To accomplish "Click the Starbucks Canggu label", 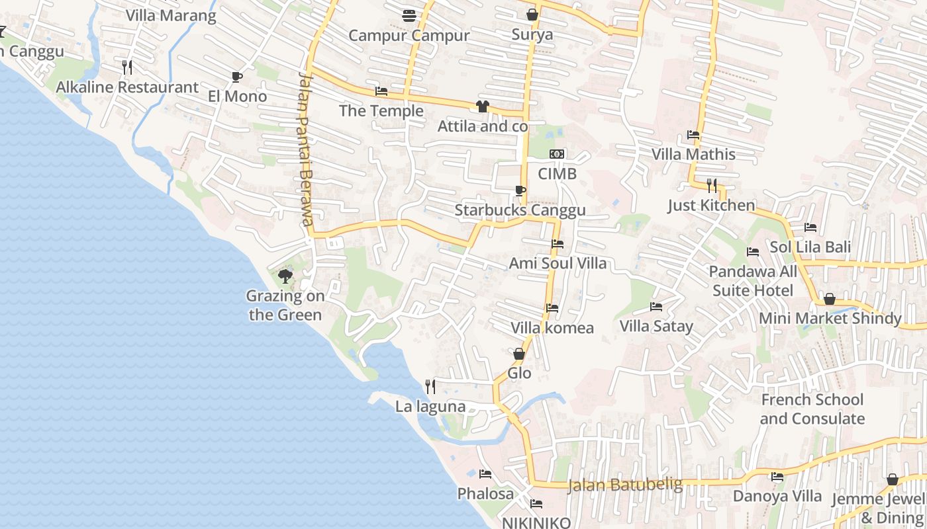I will pyautogui.click(x=520, y=210).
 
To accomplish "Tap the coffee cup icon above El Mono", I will pyautogui.click(x=236, y=77).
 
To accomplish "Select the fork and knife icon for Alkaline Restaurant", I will pyautogui.click(x=127, y=67).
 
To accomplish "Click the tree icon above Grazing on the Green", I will pyautogui.click(x=285, y=276).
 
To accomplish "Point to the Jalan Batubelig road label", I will pyautogui.click(x=625, y=485).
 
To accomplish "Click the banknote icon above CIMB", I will pyautogui.click(x=557, y=154).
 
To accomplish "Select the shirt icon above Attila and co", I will pyautogui.click(x=482, y=106).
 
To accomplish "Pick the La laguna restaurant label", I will pyautogui.click(x=430, y=407).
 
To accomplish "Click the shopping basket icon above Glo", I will pyautogui.click(x=519, y=354).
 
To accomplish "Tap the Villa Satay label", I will pyautogui.click(x=656, y=326).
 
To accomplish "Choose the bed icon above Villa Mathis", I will pyautogui.click(x=693, y=135).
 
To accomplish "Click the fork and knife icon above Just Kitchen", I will pyautogui.click(x=712, y=185).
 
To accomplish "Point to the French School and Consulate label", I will pyautogui.click(x=812, y=409).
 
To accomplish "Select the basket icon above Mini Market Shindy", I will pyautogui.click(x=829, y=300).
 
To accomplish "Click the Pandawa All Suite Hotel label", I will pyautogui.click(x=753, y=281).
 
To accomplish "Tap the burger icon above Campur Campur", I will pyautogui.click(x=409, y=15).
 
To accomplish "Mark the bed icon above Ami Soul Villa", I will pyautogui.click(x=558, y=244).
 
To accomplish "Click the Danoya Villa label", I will pyautogui.click(x=777, y=496).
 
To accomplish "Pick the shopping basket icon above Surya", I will pyautogui.click(x=532, y=15).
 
